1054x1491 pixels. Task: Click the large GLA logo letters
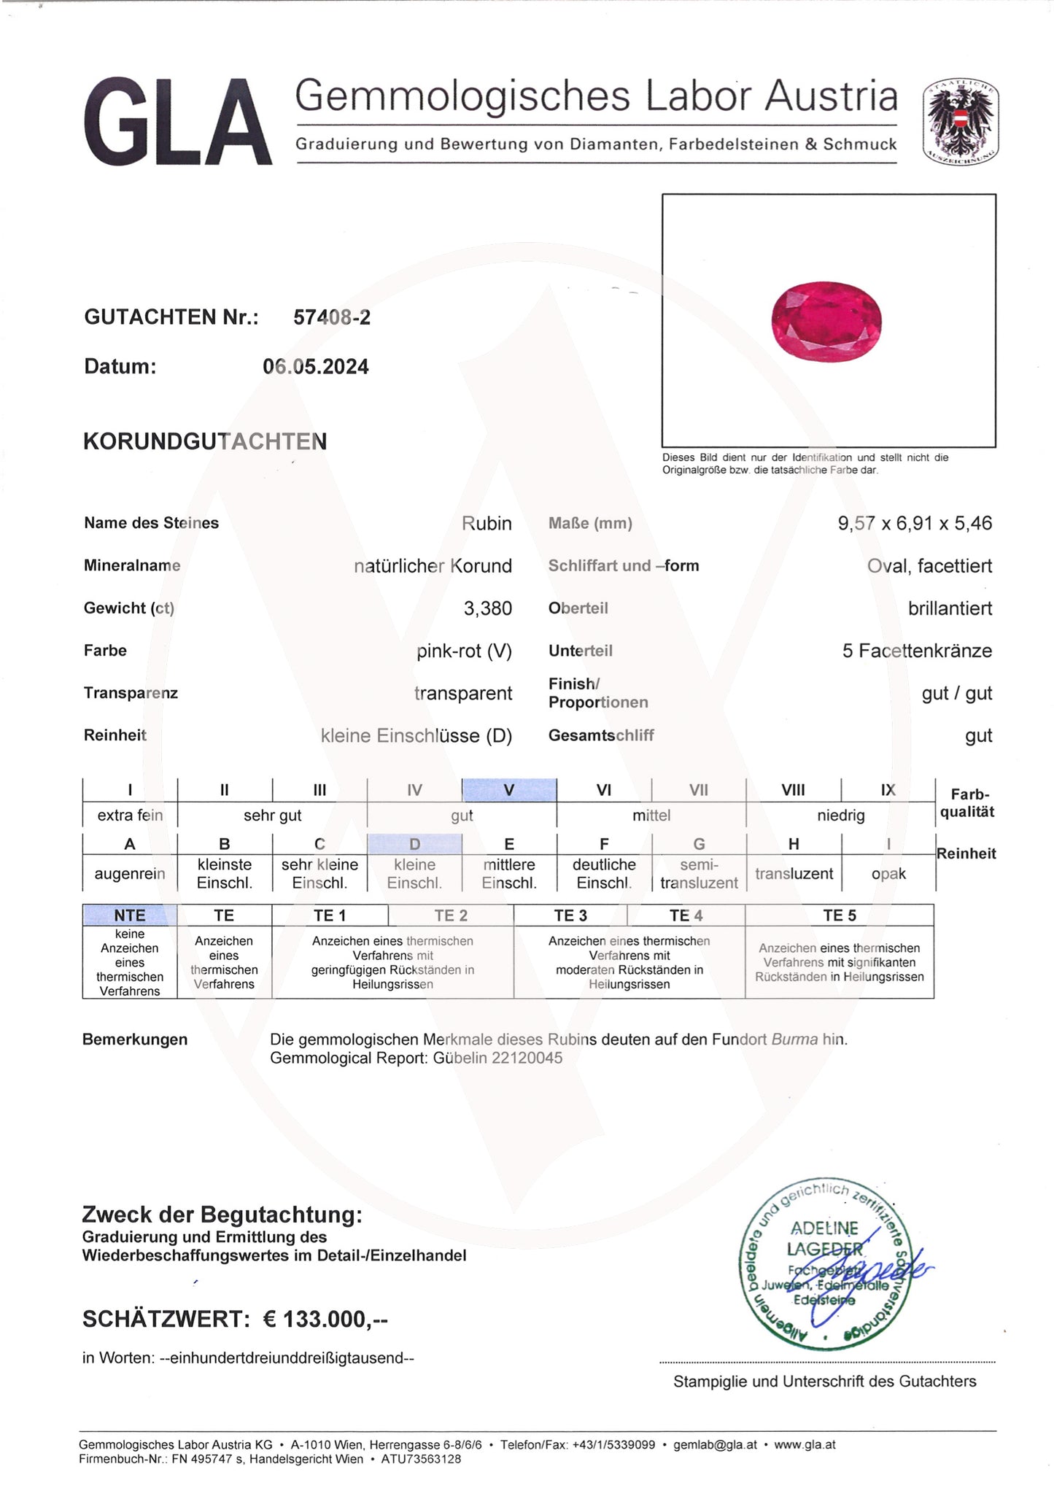(177, 123)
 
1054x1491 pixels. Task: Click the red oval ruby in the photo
(826, 323)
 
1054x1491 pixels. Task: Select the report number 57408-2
(332, 317)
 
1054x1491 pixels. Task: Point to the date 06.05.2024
(316, 367)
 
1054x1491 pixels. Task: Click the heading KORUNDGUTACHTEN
(205, 442)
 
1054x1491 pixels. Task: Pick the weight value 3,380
(487, 608)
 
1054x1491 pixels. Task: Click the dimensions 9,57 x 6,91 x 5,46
(915, 524)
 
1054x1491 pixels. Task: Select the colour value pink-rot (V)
(464, 651)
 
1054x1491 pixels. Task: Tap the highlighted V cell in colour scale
(509, 790)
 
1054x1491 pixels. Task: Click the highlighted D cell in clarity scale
(414, 844)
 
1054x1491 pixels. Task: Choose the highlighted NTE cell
(130, 915)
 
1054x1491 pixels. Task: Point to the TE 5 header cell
(839, 915)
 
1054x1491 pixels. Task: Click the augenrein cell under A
(130, 874)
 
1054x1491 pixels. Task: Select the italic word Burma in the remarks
(794, 1039)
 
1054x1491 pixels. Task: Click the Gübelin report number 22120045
(527, 1058)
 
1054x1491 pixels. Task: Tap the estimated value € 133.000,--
(325, 1319)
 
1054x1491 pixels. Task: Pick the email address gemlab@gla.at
(715, 1444)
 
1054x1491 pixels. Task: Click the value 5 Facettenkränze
(917, 651)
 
